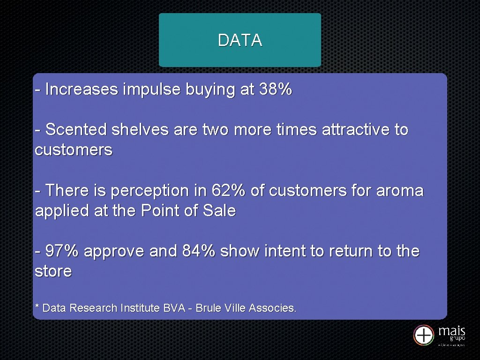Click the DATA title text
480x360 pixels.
pos(240,40)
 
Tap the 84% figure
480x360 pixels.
pos(199,251)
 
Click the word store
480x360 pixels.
pos(53,271)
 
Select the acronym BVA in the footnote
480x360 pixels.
pos(173,308)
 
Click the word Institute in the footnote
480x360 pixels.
pos(140,308)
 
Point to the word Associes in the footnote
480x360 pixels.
pos(272,308)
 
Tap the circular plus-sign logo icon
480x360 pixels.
pos(424,335)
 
